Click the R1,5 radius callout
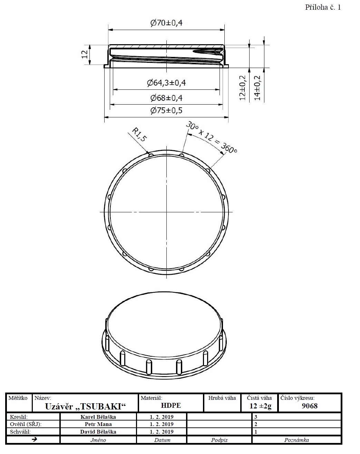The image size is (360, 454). (139, 134)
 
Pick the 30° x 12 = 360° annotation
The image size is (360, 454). (212, 137)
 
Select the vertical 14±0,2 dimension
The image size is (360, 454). (257, 88)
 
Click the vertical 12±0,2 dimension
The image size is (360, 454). (243, 88)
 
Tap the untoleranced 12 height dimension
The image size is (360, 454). (85, 55)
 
